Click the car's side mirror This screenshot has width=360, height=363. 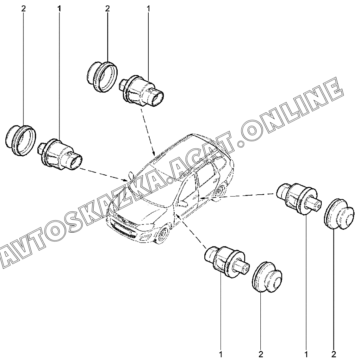131,174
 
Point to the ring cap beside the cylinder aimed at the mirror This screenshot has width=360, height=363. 21,141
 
